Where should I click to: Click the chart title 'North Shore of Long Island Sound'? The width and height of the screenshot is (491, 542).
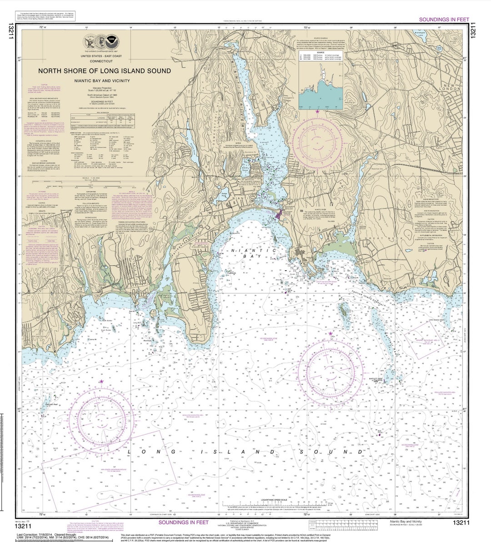[105, 71]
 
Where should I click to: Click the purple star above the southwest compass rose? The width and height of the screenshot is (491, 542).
[101, 381]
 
